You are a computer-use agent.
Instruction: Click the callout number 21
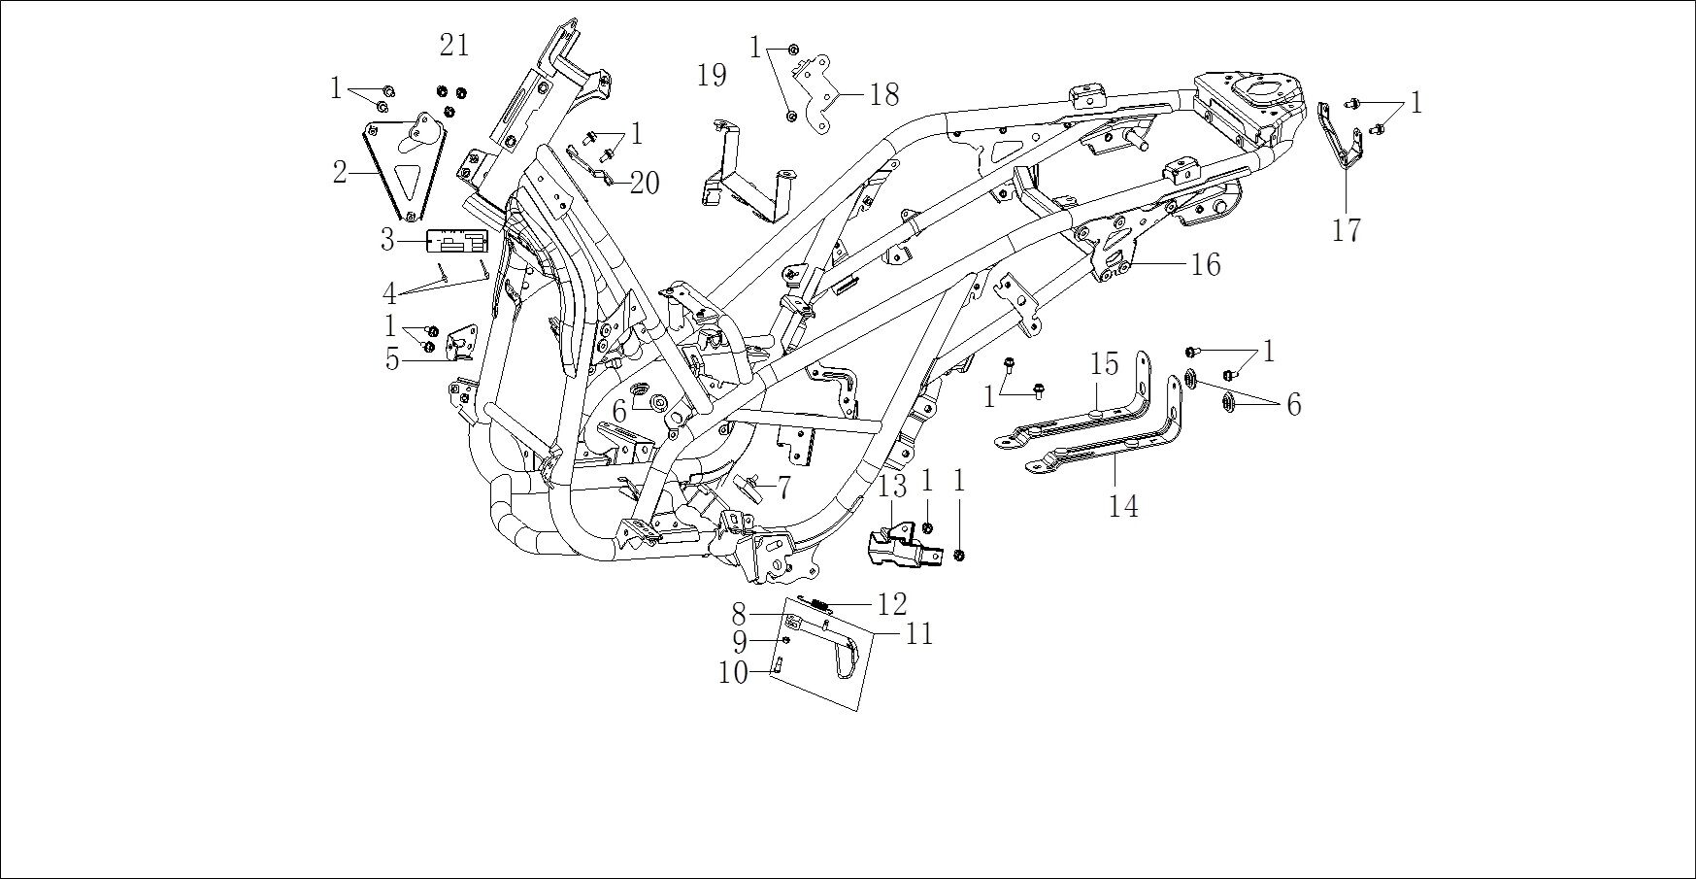[x=453, y=45]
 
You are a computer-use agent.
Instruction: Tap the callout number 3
[x=387, y=240]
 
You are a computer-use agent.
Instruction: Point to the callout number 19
[x=713, y=75]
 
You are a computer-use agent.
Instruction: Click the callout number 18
[x=883, y=94]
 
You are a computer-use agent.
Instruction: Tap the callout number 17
[x=1347, y=231]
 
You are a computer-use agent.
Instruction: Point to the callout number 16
[x=1205, y=264]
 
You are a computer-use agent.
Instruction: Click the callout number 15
[x=1104, y=364]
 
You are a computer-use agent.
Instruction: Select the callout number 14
[x=1123, y=506]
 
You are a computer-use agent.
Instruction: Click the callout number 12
[x=891, y=604]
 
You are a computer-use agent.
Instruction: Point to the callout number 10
[x=732, y=672]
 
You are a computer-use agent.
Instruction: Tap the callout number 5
[x=391, y=360]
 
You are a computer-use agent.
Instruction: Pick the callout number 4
[x=389, y=292]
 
